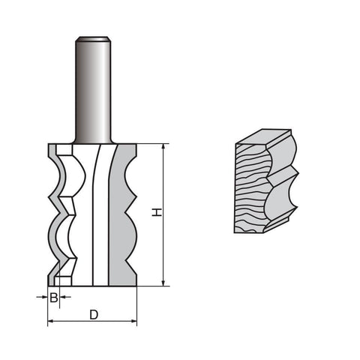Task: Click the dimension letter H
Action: tap(157, 212)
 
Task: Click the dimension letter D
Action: tap(94, 315)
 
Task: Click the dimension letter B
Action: tap(54, 298)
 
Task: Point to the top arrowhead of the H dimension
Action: tap(163, 147)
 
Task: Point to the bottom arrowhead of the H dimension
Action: tap(163, 283)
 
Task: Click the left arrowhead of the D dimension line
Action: tap(51, 321)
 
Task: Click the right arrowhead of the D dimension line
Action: tap(133, 321)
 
